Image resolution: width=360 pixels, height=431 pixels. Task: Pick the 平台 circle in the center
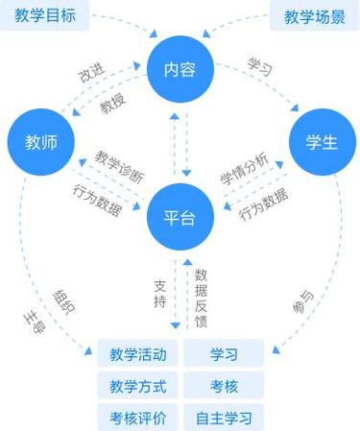click(180, 217)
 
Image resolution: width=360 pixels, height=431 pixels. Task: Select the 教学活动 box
click(137, 354)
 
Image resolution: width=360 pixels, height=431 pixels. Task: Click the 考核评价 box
click(137, 418)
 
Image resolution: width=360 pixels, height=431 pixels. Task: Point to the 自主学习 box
click(223, 418)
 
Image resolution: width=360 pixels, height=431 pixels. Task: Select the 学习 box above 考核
click(223, 354)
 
